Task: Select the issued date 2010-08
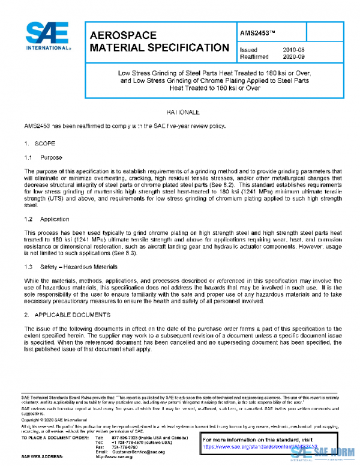click(294, 49)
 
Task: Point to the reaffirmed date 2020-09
click(294, 56)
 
